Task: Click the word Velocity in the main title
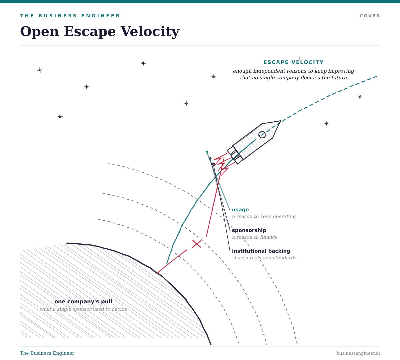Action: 150,32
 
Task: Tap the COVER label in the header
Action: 370,16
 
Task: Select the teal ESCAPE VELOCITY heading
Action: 293,62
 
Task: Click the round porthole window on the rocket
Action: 262,134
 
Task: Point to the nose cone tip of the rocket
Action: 281,121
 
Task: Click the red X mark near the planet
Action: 196,244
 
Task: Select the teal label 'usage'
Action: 240,210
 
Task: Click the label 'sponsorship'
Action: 249,230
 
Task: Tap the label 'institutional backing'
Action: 261,251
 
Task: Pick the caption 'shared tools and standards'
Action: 264,258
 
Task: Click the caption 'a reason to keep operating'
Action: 264,216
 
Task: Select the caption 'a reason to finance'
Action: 255,237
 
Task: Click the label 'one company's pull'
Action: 83,302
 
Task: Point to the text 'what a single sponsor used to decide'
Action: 84,309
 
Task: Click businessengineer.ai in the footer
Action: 358,353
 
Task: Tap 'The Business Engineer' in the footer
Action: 47,353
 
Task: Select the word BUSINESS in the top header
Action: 58,16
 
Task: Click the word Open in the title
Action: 39,32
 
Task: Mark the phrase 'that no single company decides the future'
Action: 294,78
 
